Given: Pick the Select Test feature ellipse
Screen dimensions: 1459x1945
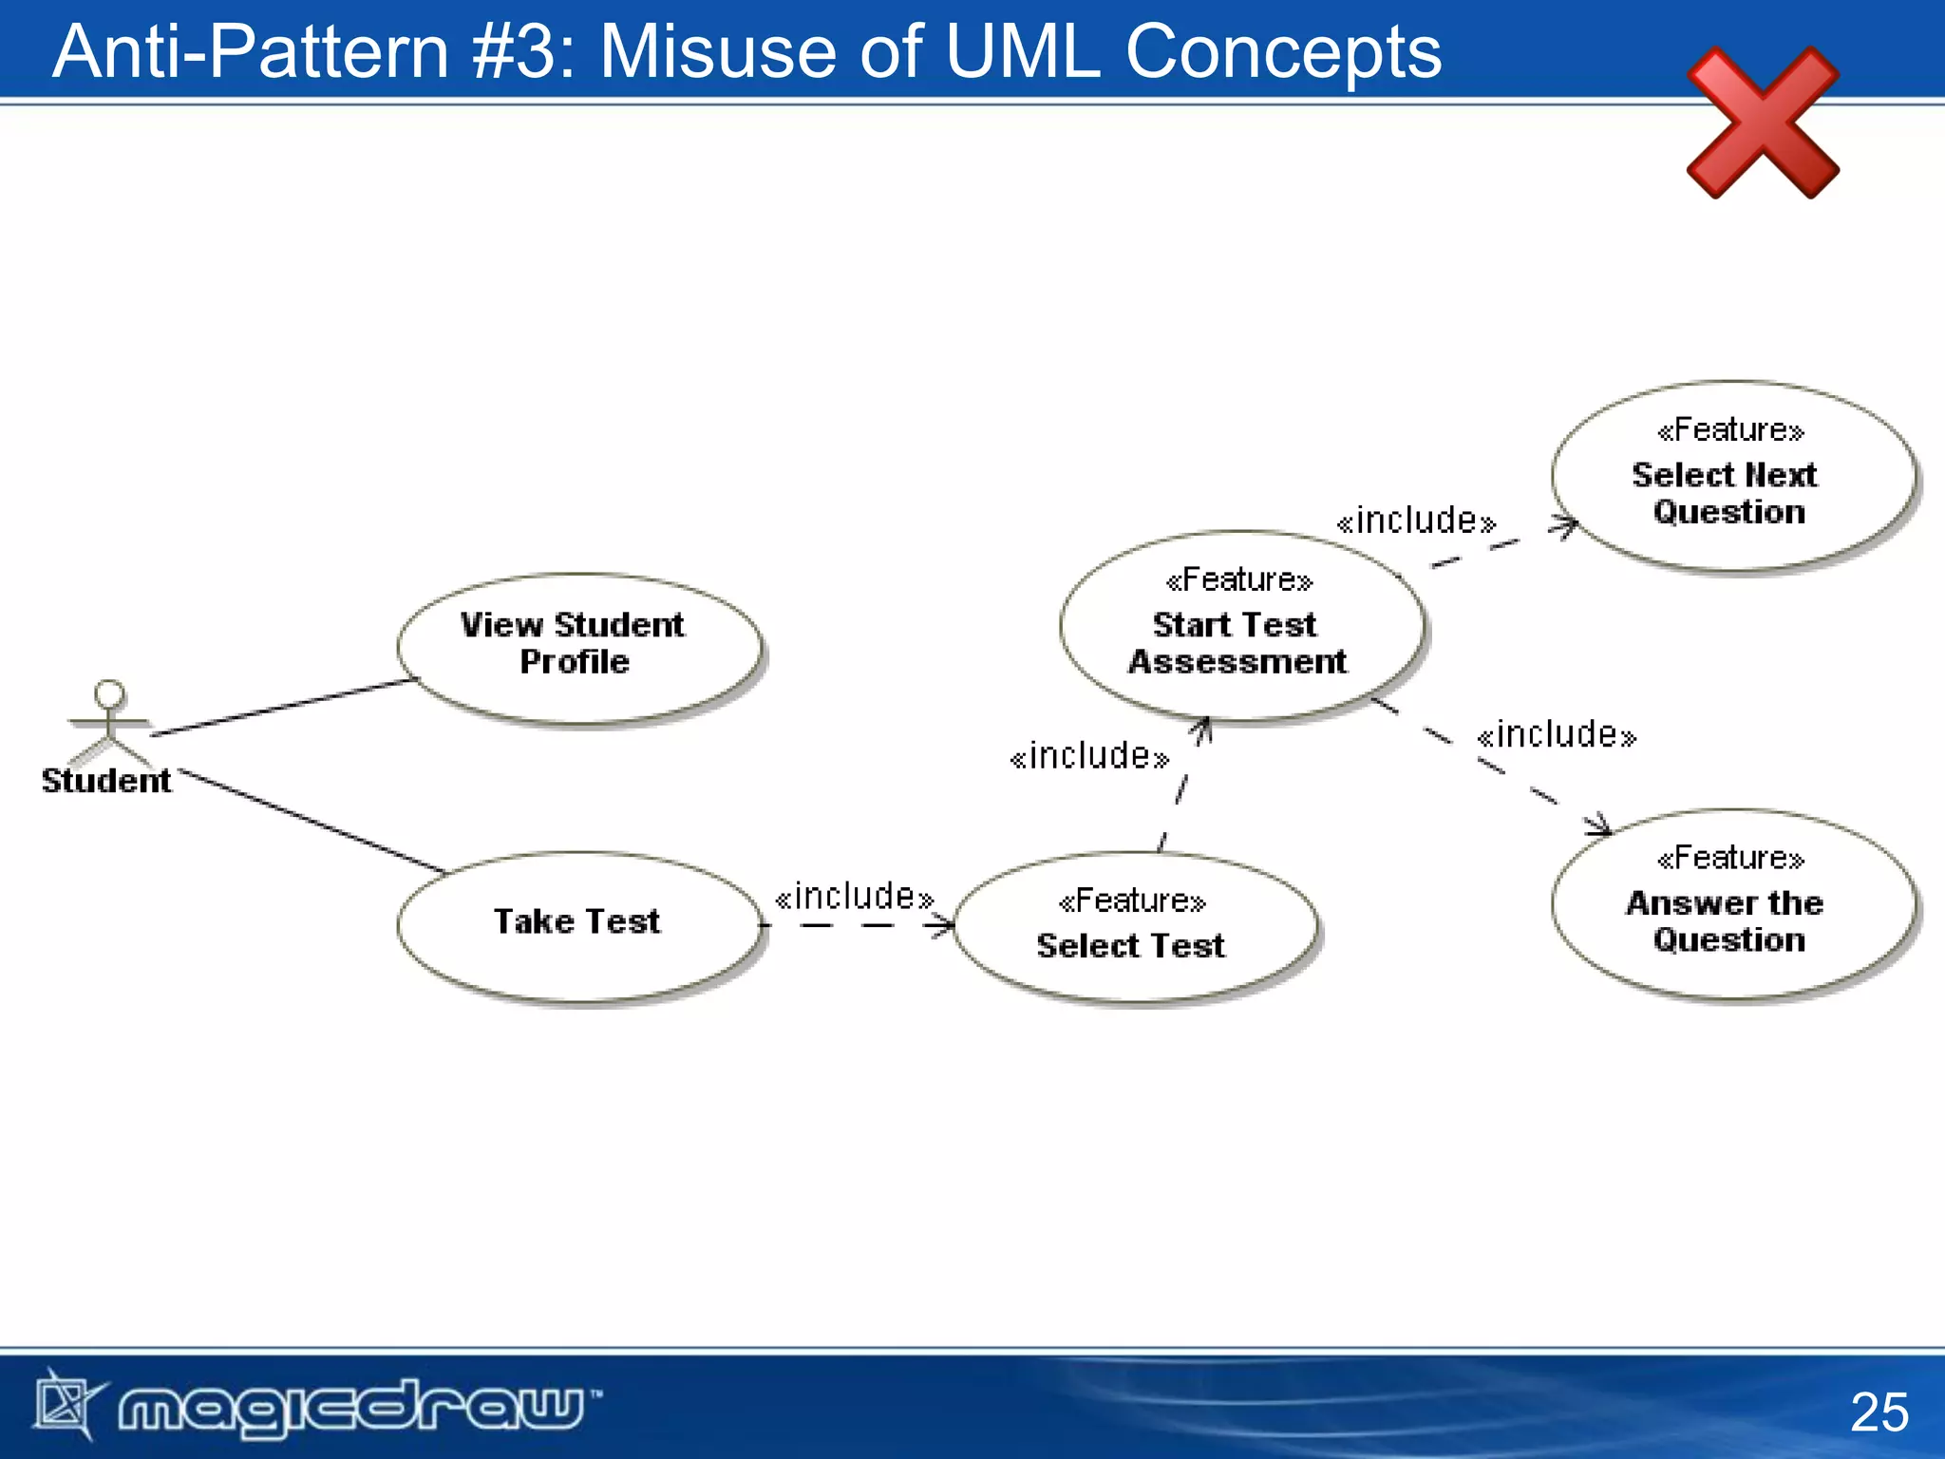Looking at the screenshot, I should pyautogui.click(x=1134, y=926).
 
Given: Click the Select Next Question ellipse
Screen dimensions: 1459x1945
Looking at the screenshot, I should pyautogui.click(x=1732, y=475).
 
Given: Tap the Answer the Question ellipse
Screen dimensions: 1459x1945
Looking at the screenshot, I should pyautogui.click(x=1732, y=903).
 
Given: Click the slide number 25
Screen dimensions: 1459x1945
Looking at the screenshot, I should pyautogui.click(x=1879, y=1412).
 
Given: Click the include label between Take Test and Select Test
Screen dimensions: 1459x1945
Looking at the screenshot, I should pyautogui.click(x=854, y=897).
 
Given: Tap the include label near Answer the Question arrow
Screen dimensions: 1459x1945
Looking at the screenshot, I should pyautogui.click(x=1557, y=735).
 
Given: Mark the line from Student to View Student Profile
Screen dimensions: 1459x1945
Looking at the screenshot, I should pyautogui.click(x=285, y=707).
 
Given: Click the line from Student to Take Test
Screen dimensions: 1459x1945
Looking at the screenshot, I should pyautogui.click(x=313, y=822).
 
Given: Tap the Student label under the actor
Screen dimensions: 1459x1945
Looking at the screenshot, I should pyautogui.click(x=106, y=781).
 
